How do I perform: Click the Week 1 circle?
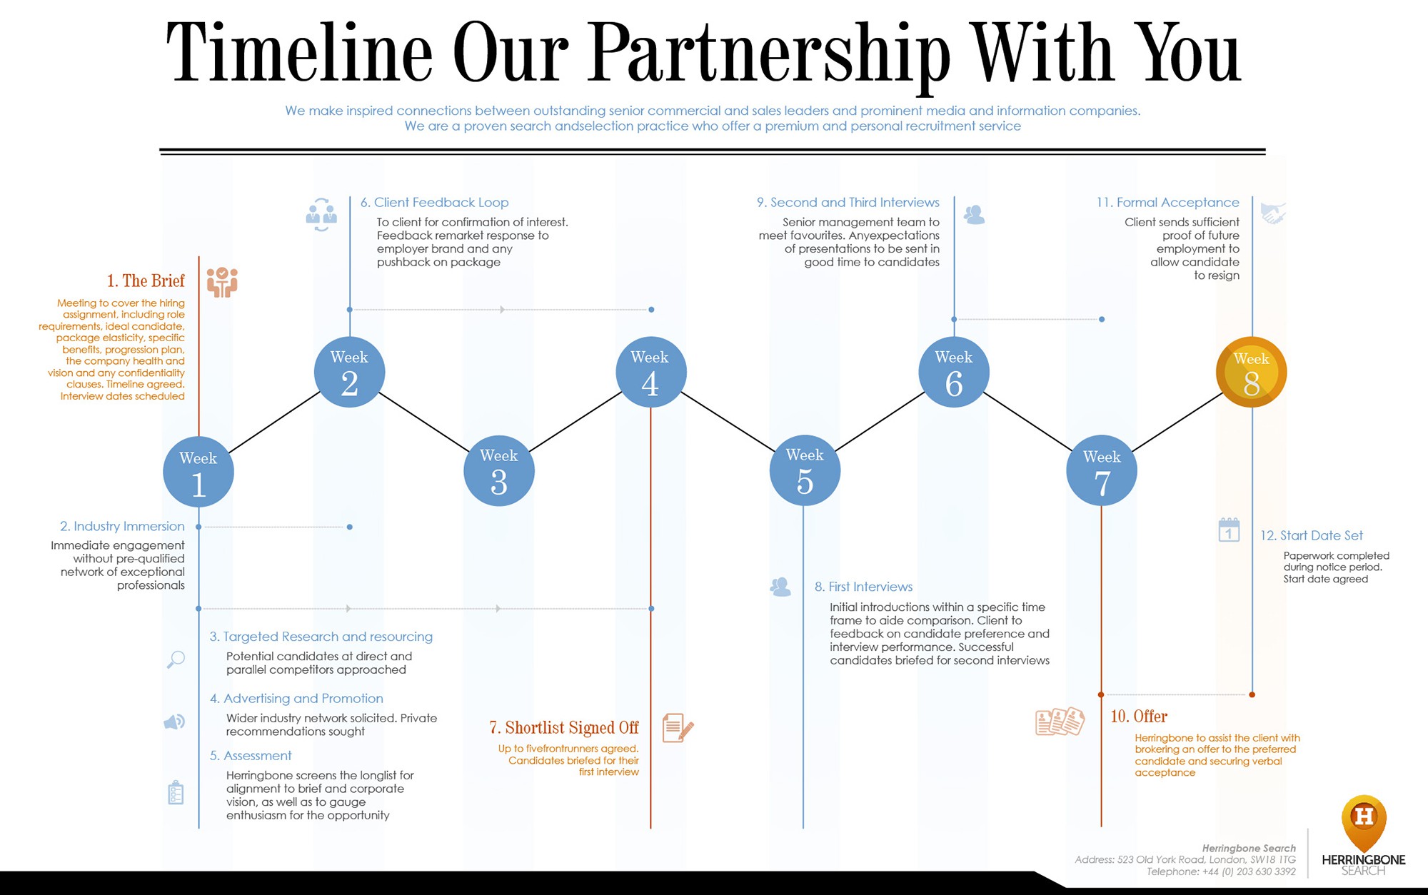pos(198,472)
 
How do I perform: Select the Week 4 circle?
pos(650,372)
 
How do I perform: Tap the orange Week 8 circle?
pos(1251,372)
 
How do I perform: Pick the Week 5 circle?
pos(805,470)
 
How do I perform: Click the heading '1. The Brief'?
pos(146,280)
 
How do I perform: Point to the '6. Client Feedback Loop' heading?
pos(434,203)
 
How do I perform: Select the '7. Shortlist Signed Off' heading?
pos(564,727)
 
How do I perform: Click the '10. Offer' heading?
pos(1139,716)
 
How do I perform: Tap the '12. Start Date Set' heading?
pos(1311,535)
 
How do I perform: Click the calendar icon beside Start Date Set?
pos(1229,530)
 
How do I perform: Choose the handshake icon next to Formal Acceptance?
pos(1272,213)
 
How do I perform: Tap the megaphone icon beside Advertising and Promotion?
pos(174,722)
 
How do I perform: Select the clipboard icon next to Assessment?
pos(176,792)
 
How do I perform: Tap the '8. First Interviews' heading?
pos(863,587)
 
